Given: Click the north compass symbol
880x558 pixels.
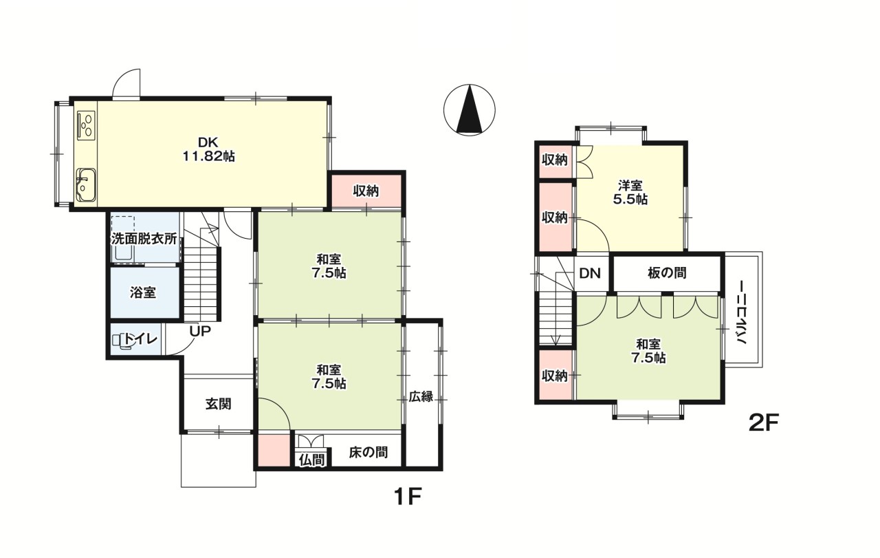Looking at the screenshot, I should [470, 109].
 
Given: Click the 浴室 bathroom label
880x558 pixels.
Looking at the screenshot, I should [143, 292].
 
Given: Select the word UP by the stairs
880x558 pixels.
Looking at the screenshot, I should [200, 331].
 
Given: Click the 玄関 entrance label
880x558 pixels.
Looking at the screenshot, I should [218, 404].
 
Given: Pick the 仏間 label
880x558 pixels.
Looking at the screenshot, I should [311, 459].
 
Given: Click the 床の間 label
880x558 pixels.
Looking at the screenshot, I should [368, 453].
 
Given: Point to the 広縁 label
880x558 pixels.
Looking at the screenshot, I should [421, 397].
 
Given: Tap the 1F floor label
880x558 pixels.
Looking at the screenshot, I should [406, 496].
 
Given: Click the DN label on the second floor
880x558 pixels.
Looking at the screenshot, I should [590, 273].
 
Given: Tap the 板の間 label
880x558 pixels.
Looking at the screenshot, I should [667, 273].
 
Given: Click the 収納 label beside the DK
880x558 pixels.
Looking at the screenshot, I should [366, 191].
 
